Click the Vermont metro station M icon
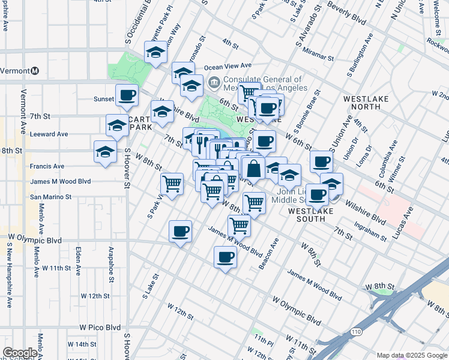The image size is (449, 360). (35, 71)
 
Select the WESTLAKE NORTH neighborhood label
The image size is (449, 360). (361, 102)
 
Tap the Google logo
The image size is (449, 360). (20, 353)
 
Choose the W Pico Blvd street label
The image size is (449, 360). (101, 328)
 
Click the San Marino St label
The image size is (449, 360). (51, 196)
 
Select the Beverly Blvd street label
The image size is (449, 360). (347, 13)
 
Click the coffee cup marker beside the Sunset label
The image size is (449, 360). (127, 95)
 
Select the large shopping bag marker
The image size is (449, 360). (254, 169)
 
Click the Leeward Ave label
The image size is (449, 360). (49, 134)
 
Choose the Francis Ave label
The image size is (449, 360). (47, 166)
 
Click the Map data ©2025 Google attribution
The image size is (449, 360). (412, 355)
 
